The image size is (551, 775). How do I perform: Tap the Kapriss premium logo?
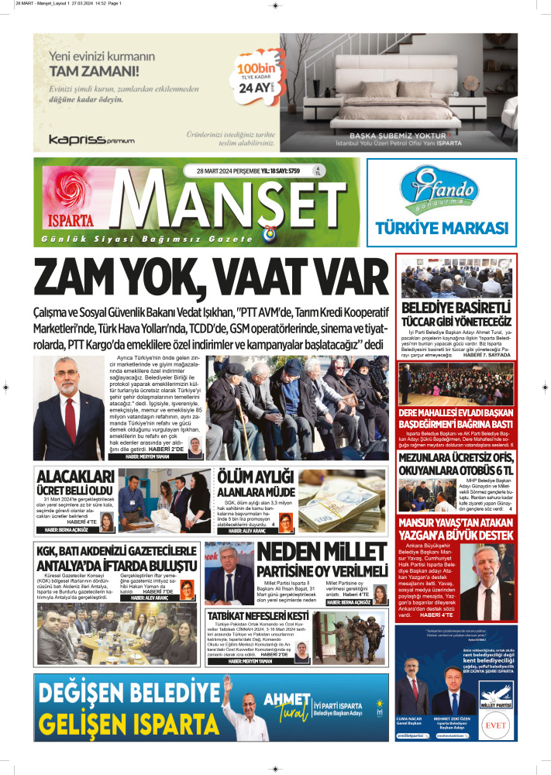coord(91,139)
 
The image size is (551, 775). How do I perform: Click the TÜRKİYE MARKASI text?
coord(441,228)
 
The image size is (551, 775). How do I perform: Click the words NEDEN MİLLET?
coord(321,553)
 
